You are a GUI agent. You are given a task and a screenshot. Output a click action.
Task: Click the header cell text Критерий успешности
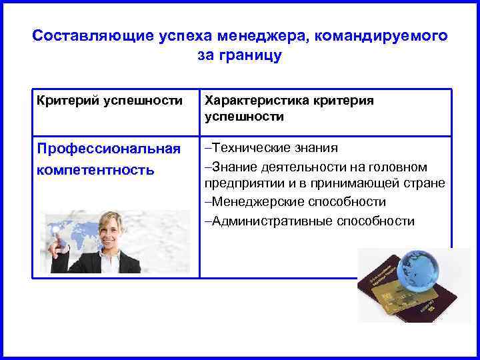point(109,100)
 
